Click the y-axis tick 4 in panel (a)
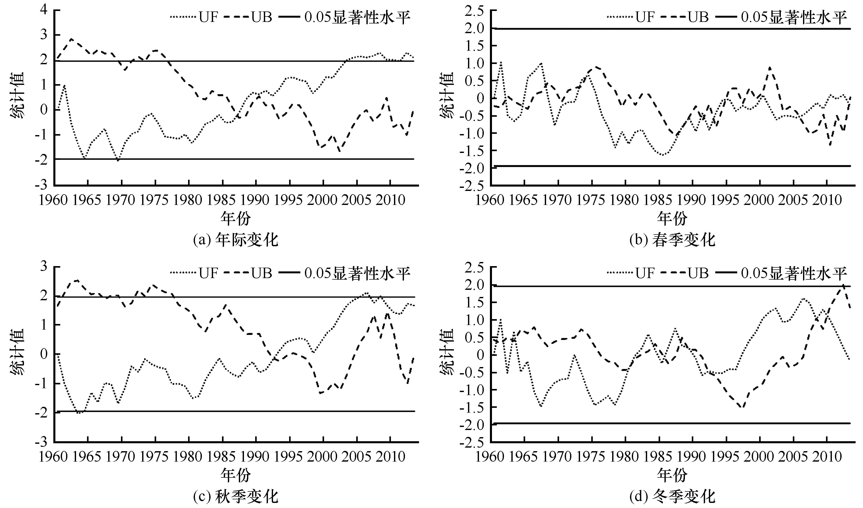point(44,10)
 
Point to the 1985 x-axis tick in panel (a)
point(221,200)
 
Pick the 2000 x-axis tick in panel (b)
point(759,200)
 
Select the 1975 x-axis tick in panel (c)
point(154,457)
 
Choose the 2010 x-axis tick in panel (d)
point(826,457)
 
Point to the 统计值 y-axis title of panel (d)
point(448,352)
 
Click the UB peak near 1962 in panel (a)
point(71,39)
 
